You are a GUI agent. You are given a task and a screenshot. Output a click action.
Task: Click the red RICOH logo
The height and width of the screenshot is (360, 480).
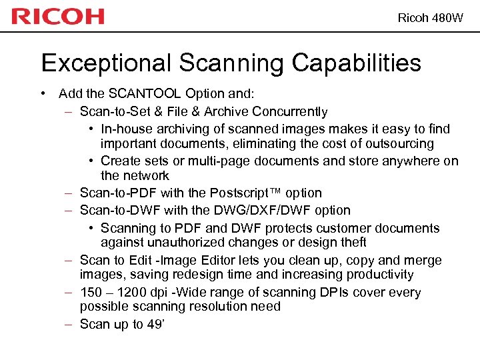(58, 17)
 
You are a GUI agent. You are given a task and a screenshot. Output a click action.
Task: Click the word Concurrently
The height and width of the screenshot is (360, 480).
(290, 111)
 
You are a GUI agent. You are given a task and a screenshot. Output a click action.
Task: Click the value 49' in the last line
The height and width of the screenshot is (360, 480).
(156, 324)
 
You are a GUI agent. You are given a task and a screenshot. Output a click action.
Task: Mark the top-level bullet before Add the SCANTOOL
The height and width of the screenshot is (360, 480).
(43, 94)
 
